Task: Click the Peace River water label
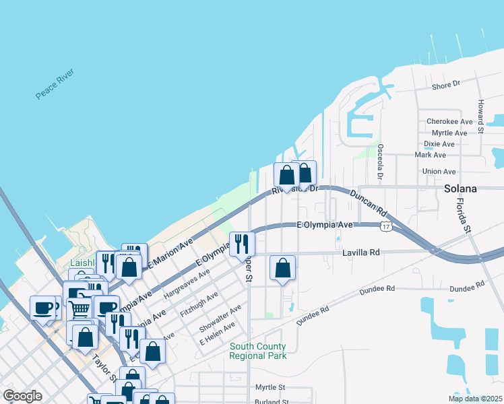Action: click(x=55, y=84)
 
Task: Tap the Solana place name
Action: click(x=460, y=189)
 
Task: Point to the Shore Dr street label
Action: click(x=445, y=86)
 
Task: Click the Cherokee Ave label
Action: click(x=449, y=122)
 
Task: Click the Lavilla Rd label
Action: click(x=361, y=252)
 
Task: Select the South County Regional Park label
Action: click(x=258, y=351)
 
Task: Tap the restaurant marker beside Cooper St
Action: click(x=242, y=243)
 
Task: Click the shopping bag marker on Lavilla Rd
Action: click(x=282, y=267)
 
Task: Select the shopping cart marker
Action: click(x=80, y=308)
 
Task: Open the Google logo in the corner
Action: click(x=22, y=395)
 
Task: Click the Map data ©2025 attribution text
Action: click(x=474, y=399)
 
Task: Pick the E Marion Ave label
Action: click(x=171, y=251)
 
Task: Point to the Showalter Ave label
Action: click(x=220, y=318)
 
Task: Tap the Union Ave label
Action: click(x=439, y=172)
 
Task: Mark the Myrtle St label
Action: click(x=270, y=388)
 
